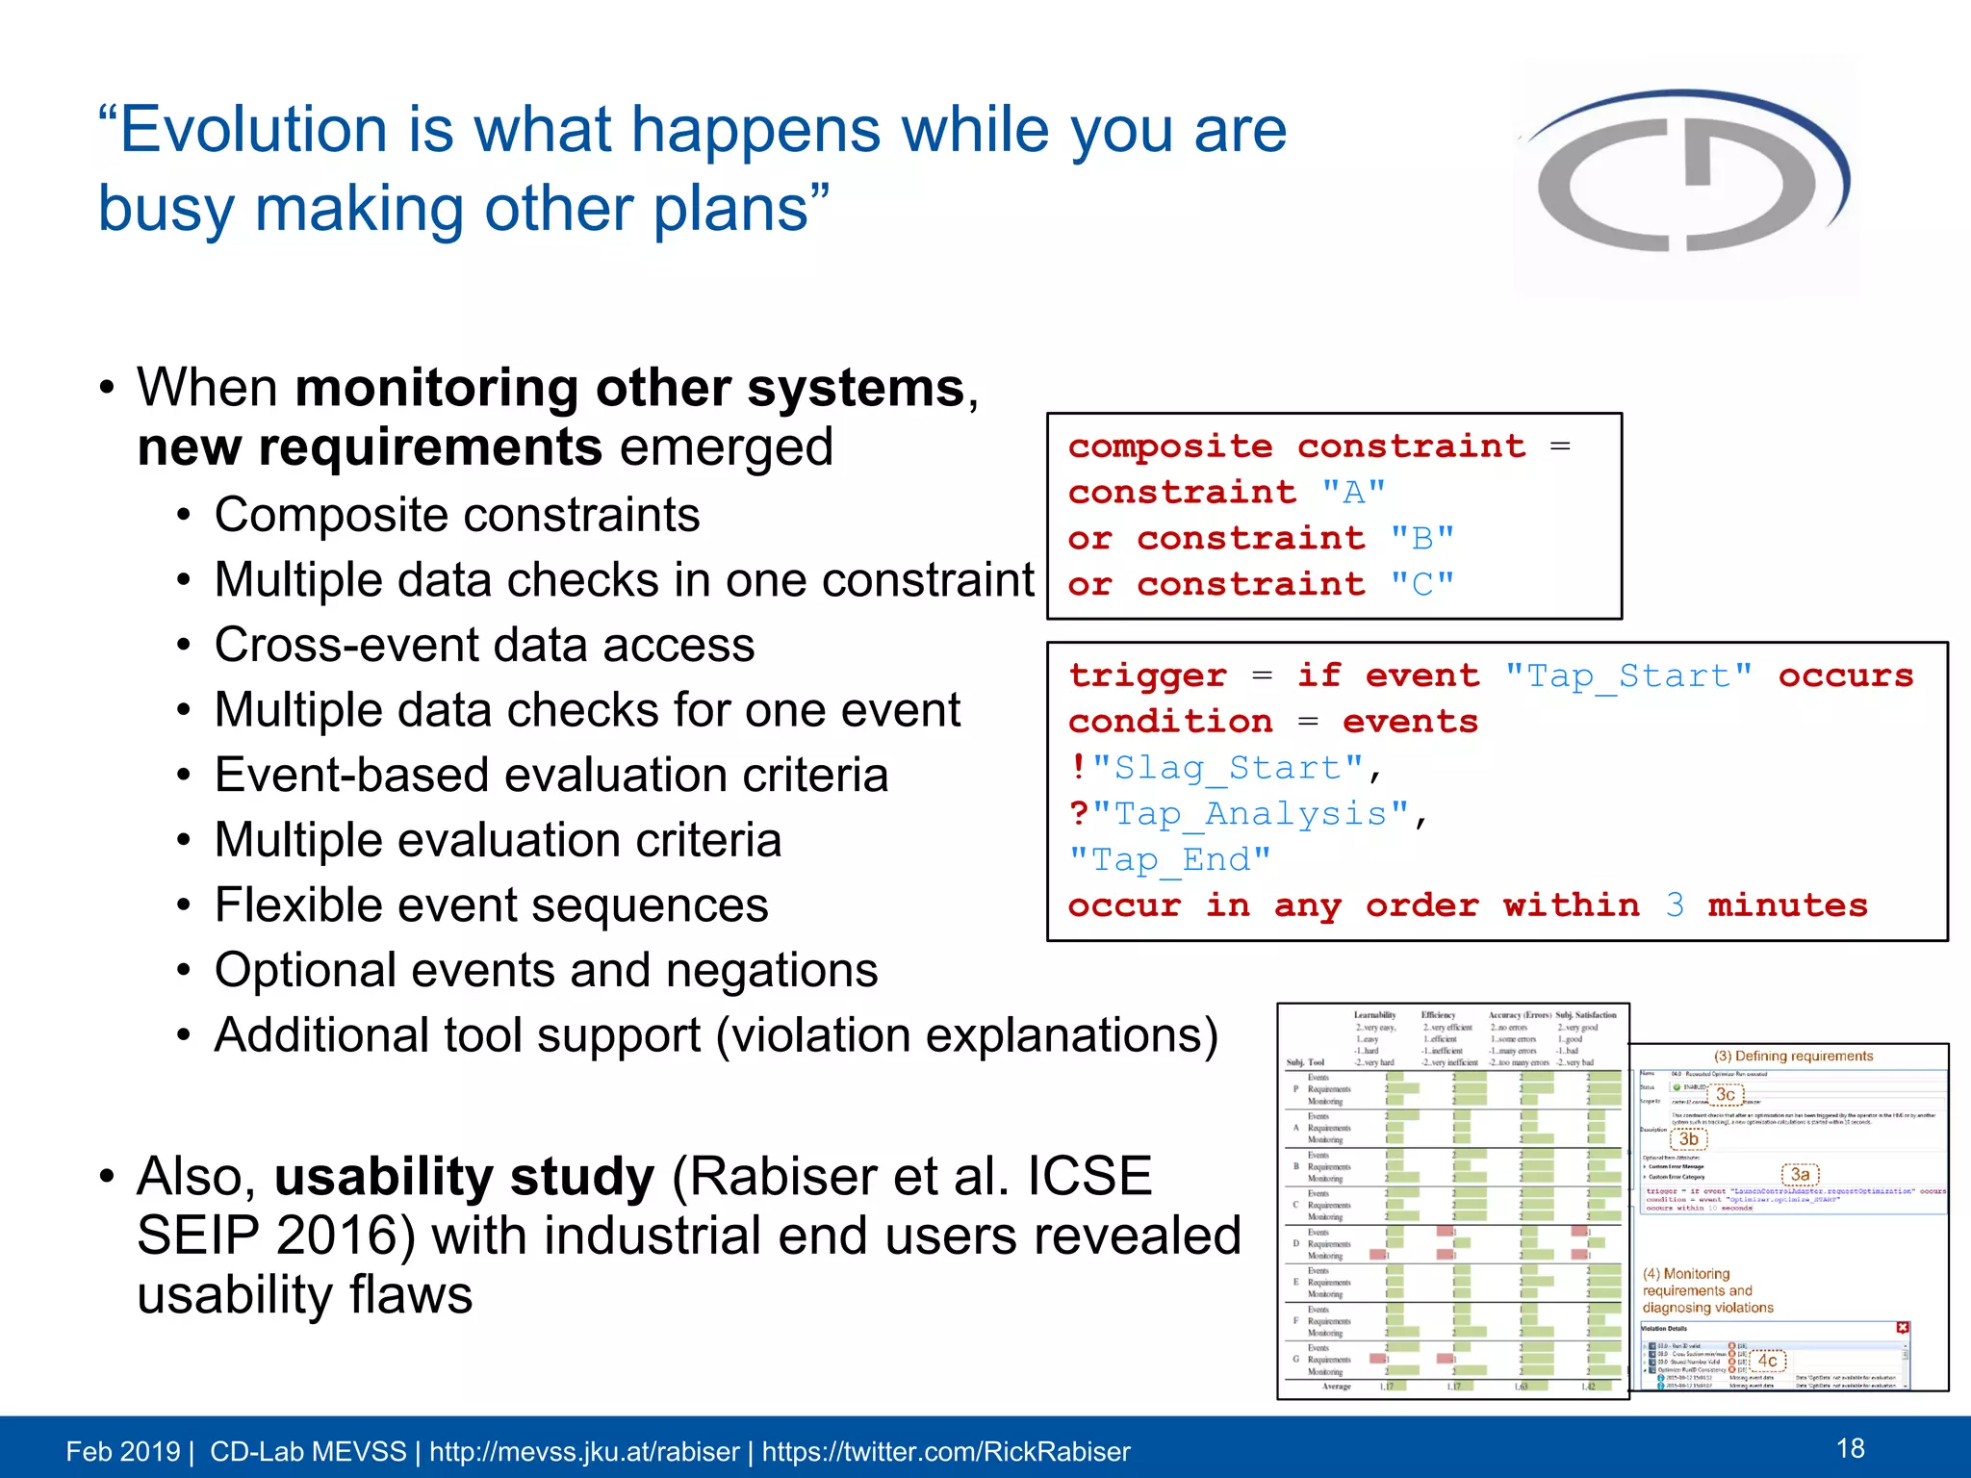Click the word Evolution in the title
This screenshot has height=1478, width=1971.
pos(253,130)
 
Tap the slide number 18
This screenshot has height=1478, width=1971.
pos(1850,1448)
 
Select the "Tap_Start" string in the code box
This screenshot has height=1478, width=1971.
pos(1628,675)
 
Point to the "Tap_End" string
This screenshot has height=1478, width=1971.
pos(1170,859)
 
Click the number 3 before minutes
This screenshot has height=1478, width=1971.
pos(1675,905)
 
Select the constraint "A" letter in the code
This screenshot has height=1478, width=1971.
pos(1353,493)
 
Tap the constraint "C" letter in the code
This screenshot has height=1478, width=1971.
pos(1421,584)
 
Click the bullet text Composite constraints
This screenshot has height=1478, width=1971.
pos(457,515)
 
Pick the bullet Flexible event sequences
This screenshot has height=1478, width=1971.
pos(491,905)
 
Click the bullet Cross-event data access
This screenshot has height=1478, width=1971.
pos(484,645)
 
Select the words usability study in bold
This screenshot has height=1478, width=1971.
pos(464,1176)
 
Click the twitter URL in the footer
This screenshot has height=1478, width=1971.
pos(945,1451)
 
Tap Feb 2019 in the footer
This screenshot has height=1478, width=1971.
pos(122,1451)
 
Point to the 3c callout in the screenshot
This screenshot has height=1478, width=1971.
pos(1726,1094)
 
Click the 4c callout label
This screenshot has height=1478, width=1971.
pos(1768,1361)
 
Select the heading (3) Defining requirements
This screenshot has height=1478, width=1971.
pos(1793,1056)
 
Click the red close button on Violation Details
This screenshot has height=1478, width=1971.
pos(1903,1327)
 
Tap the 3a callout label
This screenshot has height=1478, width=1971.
pos(1800,1174)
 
